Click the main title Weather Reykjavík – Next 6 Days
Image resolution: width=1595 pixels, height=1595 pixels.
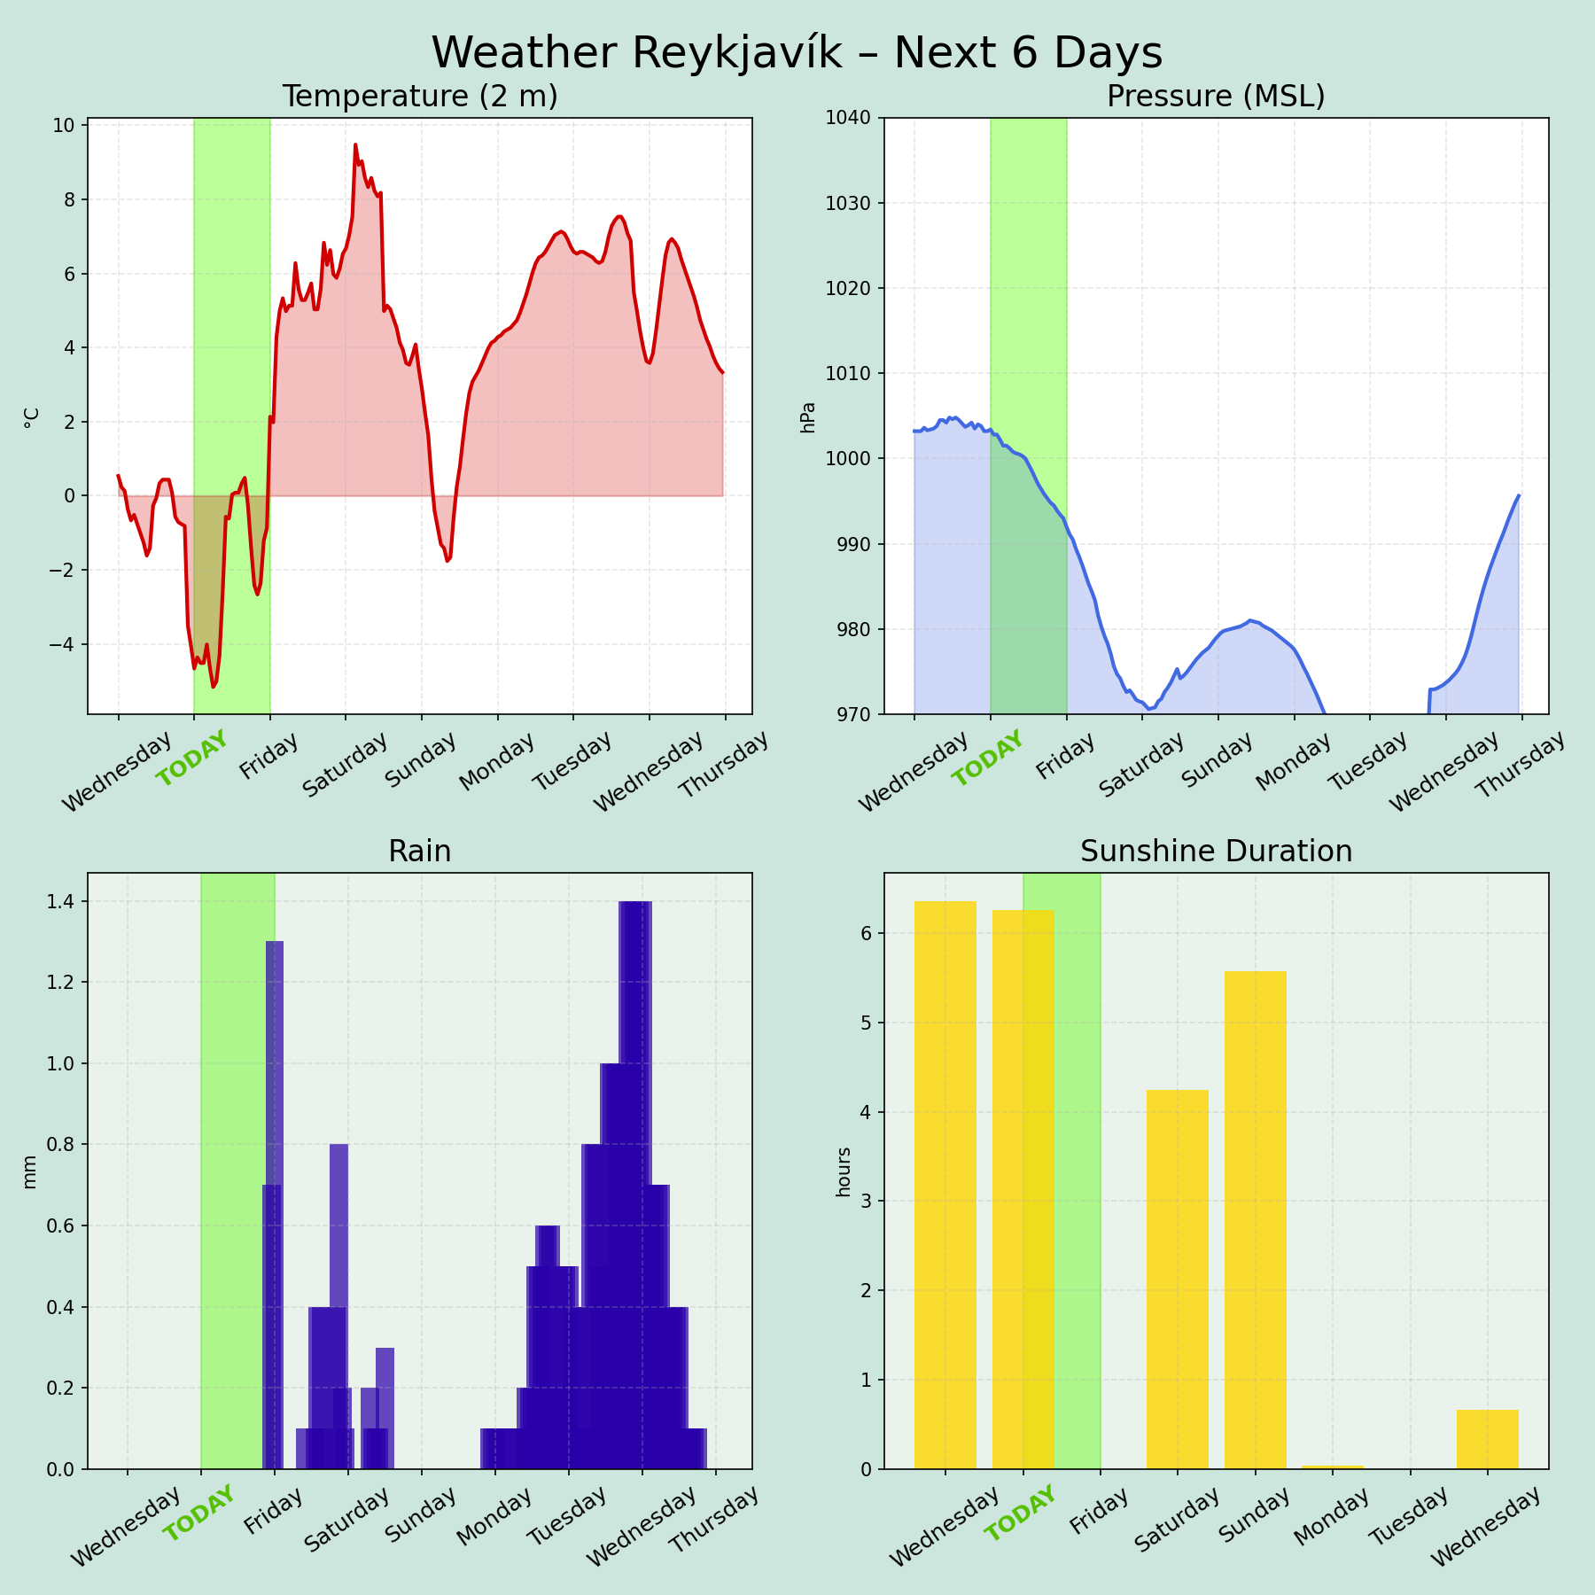pos(797,53)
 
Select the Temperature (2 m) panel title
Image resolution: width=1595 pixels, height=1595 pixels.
pos(419,97)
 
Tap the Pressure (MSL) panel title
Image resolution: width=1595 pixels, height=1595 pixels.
pos(1216,97)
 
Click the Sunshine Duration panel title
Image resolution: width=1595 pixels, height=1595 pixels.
pos(1216,852)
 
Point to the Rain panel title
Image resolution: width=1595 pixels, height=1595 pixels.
pos(419,852)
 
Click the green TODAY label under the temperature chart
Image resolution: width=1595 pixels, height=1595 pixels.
pos(192,759)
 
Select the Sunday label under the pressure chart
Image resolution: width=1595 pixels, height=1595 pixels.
pos(1217,759)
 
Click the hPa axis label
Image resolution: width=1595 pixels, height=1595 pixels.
pos(807,417)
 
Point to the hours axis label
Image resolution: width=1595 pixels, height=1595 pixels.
pos(844,1171)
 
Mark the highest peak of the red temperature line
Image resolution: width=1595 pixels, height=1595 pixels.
pos(355,144)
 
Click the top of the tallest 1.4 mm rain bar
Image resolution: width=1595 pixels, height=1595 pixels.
pos(635,902)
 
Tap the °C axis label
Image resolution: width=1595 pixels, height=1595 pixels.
pos(32,417)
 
